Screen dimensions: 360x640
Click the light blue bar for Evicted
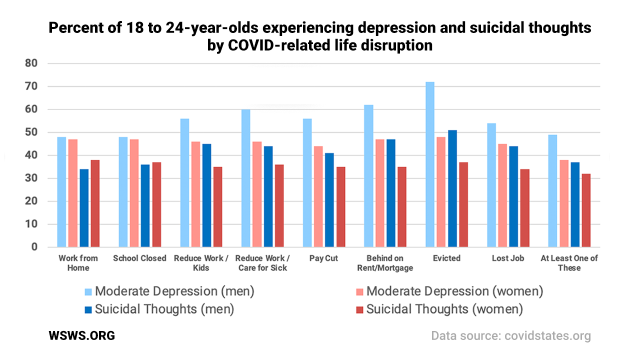tap(430, 164)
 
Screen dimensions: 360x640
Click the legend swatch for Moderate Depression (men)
tap(88, 291)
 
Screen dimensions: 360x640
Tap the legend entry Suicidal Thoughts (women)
tap(444, 309)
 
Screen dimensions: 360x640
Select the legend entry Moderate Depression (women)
tap(454, 291)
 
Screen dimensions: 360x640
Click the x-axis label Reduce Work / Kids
tap(200, 263)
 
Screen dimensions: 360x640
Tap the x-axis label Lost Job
tap(508, 258)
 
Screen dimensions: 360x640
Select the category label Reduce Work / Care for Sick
tap(262, 263)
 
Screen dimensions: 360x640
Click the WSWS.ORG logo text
tap(81, 335)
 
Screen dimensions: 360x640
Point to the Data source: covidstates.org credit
tap(510, 335)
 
